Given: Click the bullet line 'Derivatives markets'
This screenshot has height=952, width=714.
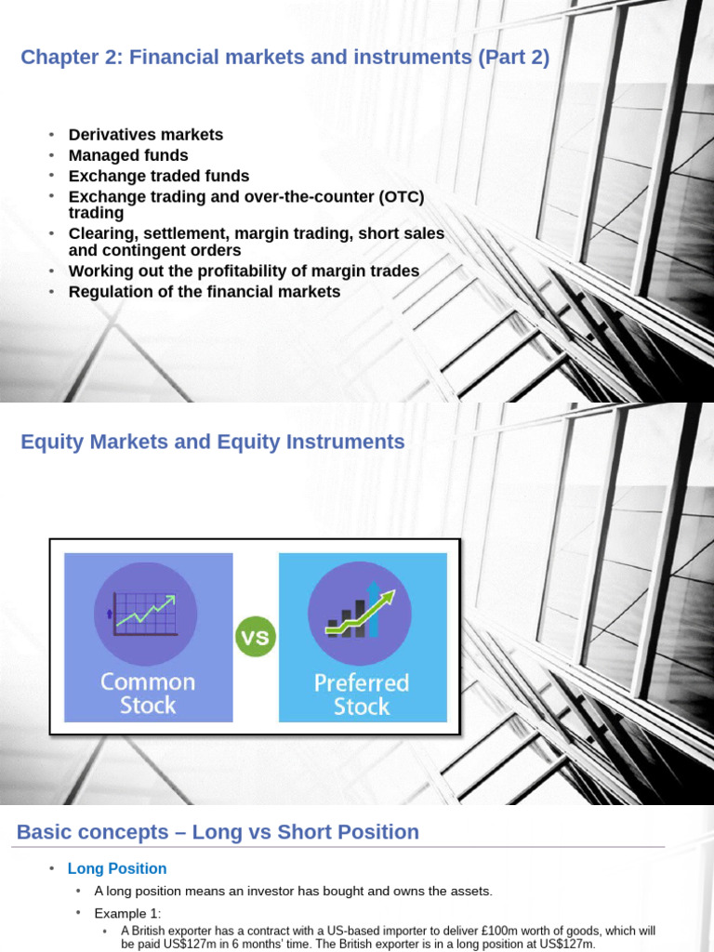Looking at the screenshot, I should pos(146,135).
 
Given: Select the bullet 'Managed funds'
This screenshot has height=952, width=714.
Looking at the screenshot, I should pos(128,155).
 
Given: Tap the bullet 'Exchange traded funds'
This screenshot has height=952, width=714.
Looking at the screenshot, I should pos(159,176).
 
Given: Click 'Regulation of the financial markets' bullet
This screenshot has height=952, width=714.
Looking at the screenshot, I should pos(205,292).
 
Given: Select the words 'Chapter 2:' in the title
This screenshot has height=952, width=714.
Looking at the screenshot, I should pos(71,58).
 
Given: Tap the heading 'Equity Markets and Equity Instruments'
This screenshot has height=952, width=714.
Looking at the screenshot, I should pos(213,443).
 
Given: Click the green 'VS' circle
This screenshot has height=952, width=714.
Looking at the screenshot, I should pos(256,638).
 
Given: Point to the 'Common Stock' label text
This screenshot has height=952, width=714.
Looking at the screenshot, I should pos(148,694).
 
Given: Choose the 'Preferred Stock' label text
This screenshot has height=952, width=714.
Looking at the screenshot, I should pos(362,694).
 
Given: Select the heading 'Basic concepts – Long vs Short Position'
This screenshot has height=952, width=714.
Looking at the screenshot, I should pos(218,832).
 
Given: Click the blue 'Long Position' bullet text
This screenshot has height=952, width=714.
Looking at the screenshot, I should pos(117,868).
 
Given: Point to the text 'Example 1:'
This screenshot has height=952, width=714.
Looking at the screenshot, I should pos(127,913).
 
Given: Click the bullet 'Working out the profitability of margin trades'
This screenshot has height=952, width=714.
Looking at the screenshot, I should pos(244,271).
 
